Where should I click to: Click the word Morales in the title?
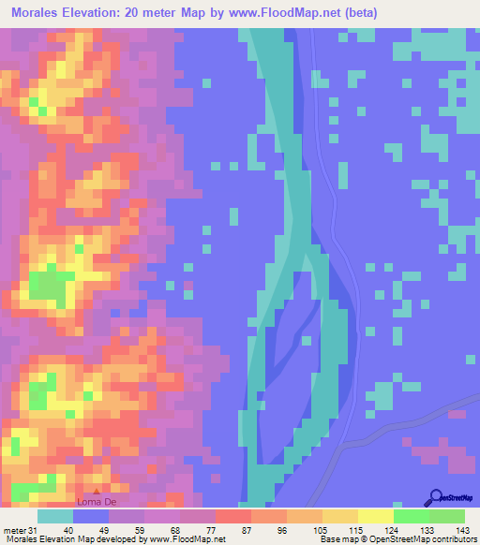coord(40,13)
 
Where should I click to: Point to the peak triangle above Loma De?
coord(96,489)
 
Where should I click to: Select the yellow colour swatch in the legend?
coord(375,516)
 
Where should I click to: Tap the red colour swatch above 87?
coord(232,516)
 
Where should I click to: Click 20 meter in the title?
coord(177,13)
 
